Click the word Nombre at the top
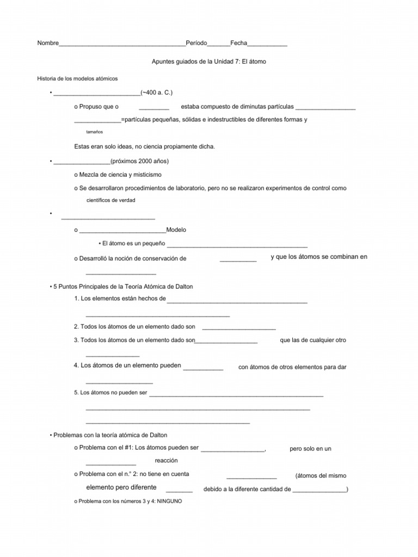tap(47, 44)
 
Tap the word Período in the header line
tap(196, 44)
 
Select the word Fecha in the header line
tap(239, 44)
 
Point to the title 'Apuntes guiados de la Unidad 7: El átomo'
tap(208, 62)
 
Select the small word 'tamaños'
tap(95, 132)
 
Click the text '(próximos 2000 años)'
tap(139, 161)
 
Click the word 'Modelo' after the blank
tap(176, 230)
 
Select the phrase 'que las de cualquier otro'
tap(313, 340)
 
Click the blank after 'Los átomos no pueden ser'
tap(236, 394)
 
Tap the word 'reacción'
tap(167, 460)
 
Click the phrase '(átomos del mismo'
tap(321, 475)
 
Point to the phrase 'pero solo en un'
tap(311, 449)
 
